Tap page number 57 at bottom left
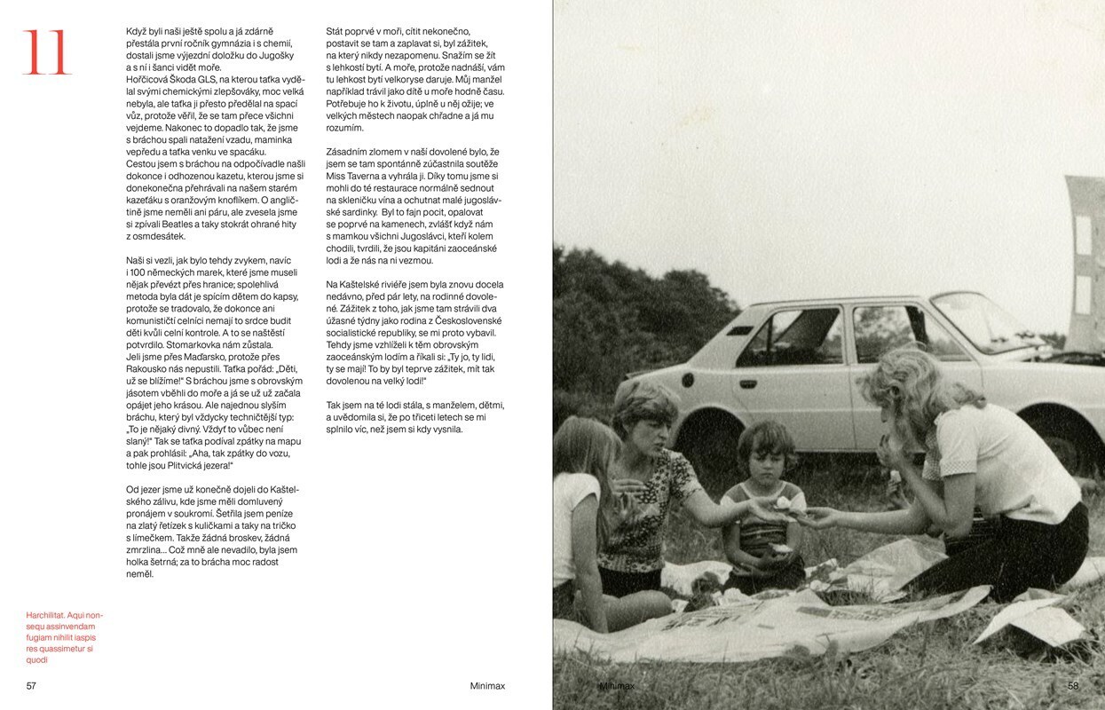coord(31,686)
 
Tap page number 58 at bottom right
coord(1073,686)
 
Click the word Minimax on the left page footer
coord(487,686)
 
